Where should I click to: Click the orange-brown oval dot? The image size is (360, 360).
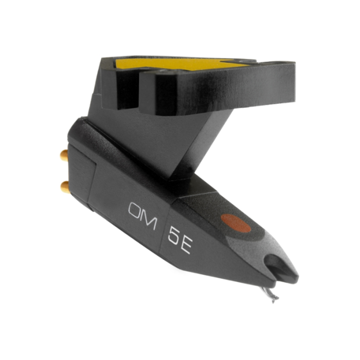click(236, 223)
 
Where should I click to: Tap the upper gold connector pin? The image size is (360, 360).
click(64, 155)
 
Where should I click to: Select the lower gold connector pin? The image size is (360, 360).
click(64, 186)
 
